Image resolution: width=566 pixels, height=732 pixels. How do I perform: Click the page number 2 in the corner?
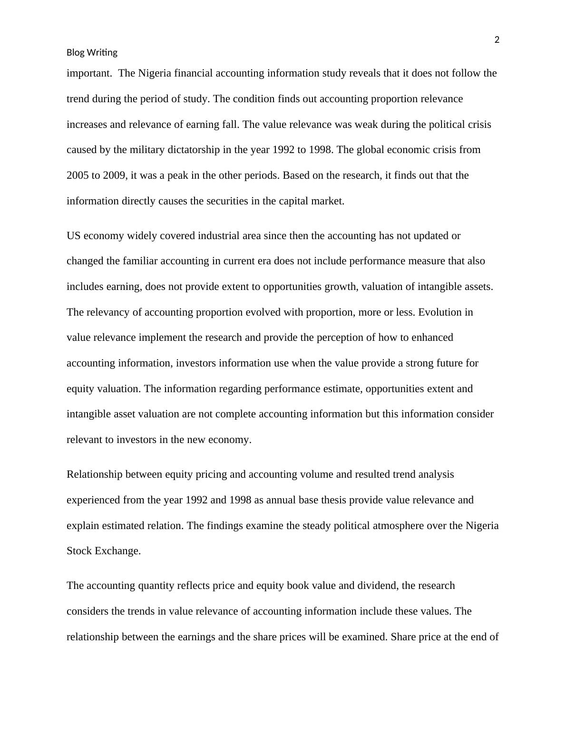coord(497,40)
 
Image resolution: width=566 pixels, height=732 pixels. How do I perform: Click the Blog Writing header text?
coord(92,52)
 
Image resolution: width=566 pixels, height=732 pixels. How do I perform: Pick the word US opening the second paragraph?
coord(73,236)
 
